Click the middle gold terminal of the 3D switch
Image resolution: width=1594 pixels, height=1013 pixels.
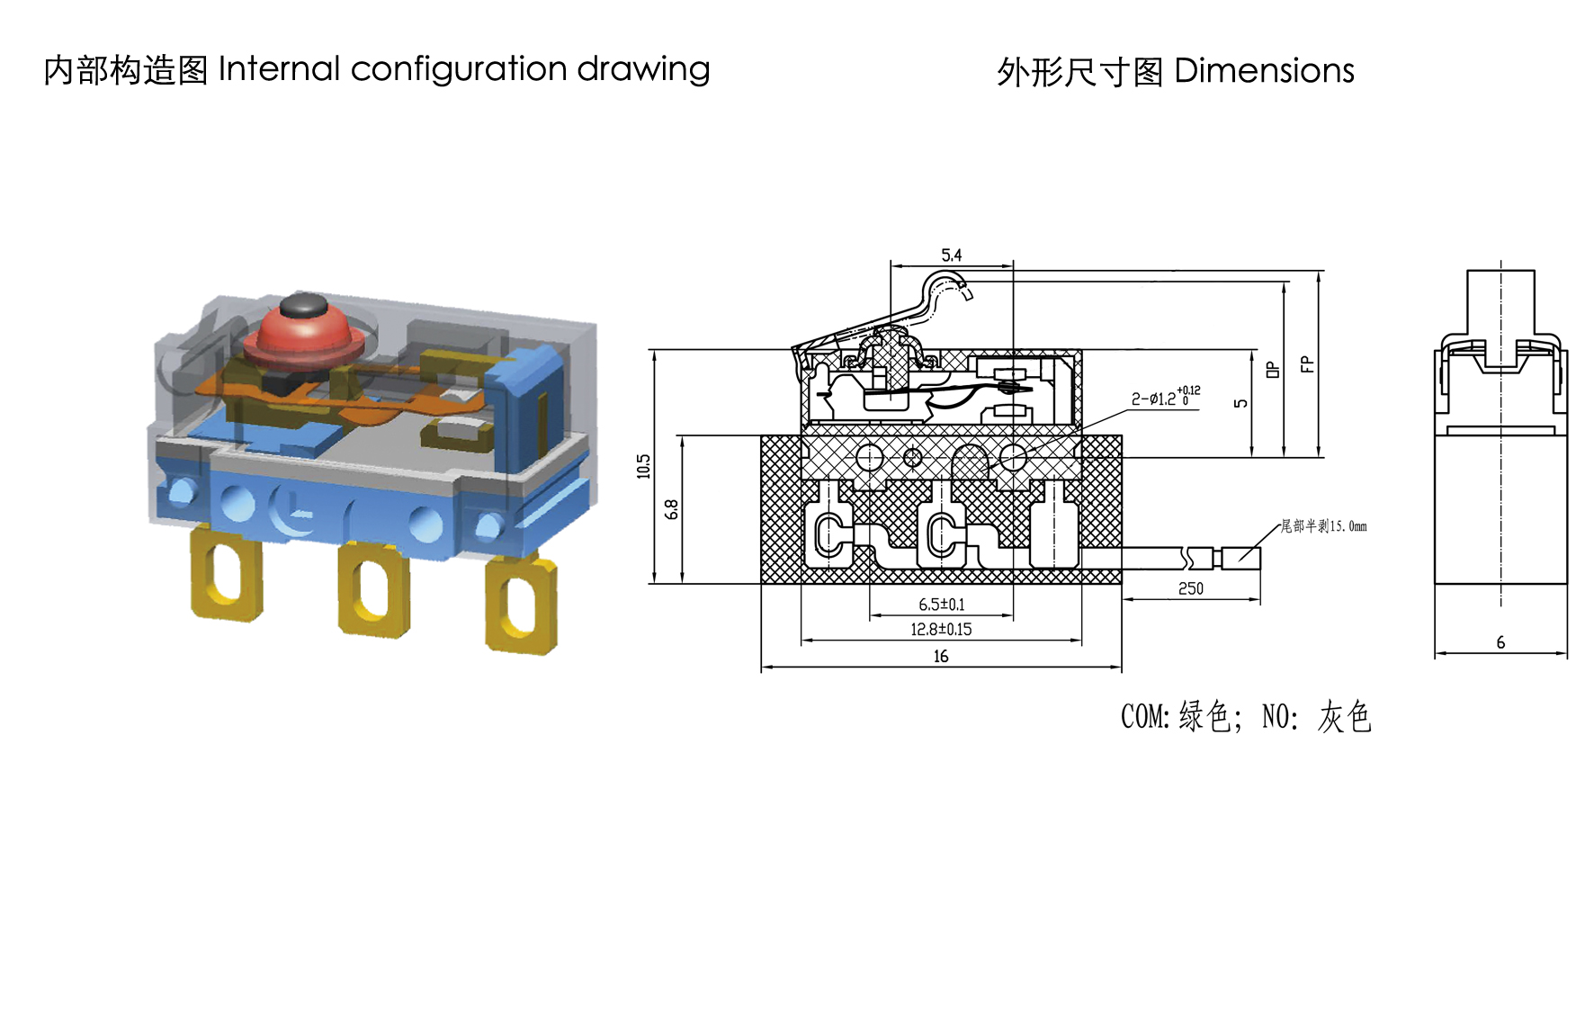click(x=373, y=589)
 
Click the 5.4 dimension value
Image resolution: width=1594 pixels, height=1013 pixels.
click(x=951, y=255)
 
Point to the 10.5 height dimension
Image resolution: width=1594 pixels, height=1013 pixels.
click(x=643, y=466)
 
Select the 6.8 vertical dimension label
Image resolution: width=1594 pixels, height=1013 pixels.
click(x=671, y=509)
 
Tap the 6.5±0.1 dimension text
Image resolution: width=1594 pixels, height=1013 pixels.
click(x=941, y=605)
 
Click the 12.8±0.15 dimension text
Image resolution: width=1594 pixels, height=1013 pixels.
click(x=941, y=630)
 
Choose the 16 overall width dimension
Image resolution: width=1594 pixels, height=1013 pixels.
click(x=941, y=657)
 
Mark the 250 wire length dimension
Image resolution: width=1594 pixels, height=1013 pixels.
click(x=1190, y=588)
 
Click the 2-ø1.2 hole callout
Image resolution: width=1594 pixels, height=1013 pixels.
click(x=1165, y=397)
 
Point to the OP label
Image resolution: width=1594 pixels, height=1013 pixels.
click(x=1272, y=370)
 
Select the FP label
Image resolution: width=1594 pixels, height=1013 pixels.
click(x=1307, y=364)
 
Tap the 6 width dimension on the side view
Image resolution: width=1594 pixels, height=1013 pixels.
click(x=1500, y=642)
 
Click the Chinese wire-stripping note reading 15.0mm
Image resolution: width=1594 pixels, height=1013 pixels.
click(x=1323, y=526)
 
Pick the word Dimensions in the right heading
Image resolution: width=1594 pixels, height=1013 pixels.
click(x=1264, y=71)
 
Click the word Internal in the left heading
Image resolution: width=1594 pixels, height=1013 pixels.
click(x=279, y=69)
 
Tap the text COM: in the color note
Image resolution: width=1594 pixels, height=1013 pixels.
click(x=1145, y=717)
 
